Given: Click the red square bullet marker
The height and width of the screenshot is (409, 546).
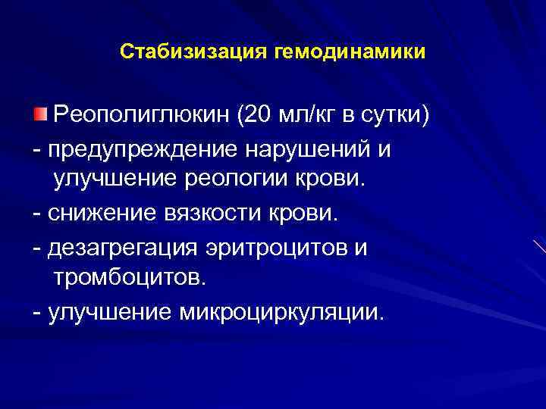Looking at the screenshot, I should [x=39, y=114].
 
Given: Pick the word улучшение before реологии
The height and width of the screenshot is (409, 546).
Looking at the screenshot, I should [x=113, y=180].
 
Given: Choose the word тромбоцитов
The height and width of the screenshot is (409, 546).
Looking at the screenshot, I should [x=128, y=277].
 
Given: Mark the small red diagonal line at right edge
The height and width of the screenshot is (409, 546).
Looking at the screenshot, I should [x=539, y=247].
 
